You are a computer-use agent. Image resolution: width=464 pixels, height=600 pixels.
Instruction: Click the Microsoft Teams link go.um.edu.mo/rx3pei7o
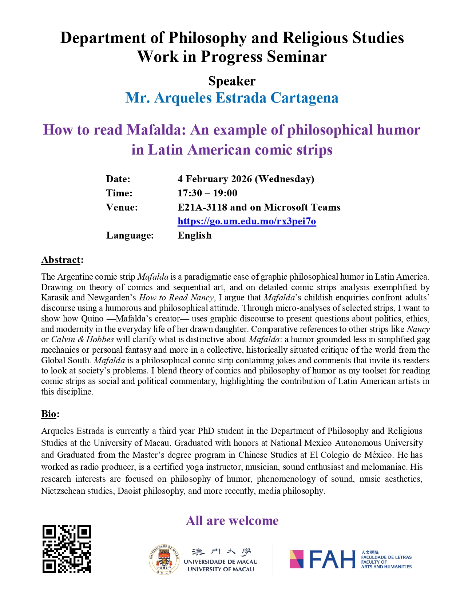(247, 221)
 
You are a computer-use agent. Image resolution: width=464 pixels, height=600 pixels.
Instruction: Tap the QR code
(67, 549)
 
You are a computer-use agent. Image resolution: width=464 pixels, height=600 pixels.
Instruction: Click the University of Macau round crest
(164, 559)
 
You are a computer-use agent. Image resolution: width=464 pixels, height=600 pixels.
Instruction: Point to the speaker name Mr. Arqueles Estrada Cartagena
(232, 98)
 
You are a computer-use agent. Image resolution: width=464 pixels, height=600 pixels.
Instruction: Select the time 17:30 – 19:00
(207, 193)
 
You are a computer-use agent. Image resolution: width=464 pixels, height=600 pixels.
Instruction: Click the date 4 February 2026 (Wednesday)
(246, 179)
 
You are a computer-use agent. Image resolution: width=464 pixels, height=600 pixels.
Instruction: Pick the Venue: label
(122, 207)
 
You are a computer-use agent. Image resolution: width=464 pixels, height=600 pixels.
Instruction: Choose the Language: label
(130, 235)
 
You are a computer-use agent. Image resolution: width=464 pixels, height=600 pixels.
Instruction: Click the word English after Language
(194, 235)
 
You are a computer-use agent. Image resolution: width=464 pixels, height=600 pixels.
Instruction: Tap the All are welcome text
(232, 520)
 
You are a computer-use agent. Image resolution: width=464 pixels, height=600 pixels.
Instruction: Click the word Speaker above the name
(232, 81)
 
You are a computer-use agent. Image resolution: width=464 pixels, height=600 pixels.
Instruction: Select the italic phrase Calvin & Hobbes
(83, 339)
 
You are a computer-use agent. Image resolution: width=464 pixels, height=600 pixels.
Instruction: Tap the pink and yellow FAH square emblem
(296, 559)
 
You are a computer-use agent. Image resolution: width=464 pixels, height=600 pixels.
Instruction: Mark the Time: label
(119, 193)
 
